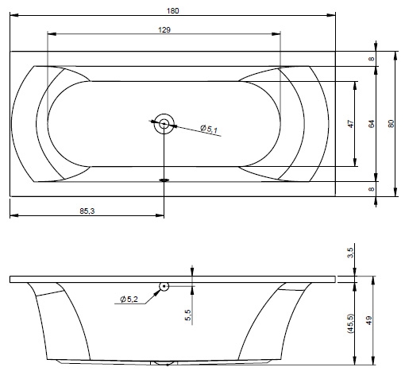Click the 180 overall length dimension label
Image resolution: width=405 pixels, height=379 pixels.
coord(172,11)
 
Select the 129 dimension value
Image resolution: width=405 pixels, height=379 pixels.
coord(164,30)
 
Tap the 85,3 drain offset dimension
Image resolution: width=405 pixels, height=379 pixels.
coord(87,211)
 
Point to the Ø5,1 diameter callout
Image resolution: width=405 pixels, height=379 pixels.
coord(209,129)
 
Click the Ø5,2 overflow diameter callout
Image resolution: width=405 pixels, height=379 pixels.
coord(129,300)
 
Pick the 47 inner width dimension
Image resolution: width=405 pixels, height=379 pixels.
coord(350,124)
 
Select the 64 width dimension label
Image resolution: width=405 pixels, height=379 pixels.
coord(372,124)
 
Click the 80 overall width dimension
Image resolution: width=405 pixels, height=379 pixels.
coord(391,124)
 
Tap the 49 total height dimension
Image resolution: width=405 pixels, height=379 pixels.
coord(368,320)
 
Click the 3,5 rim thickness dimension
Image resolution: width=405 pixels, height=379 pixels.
coord(350,253)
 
